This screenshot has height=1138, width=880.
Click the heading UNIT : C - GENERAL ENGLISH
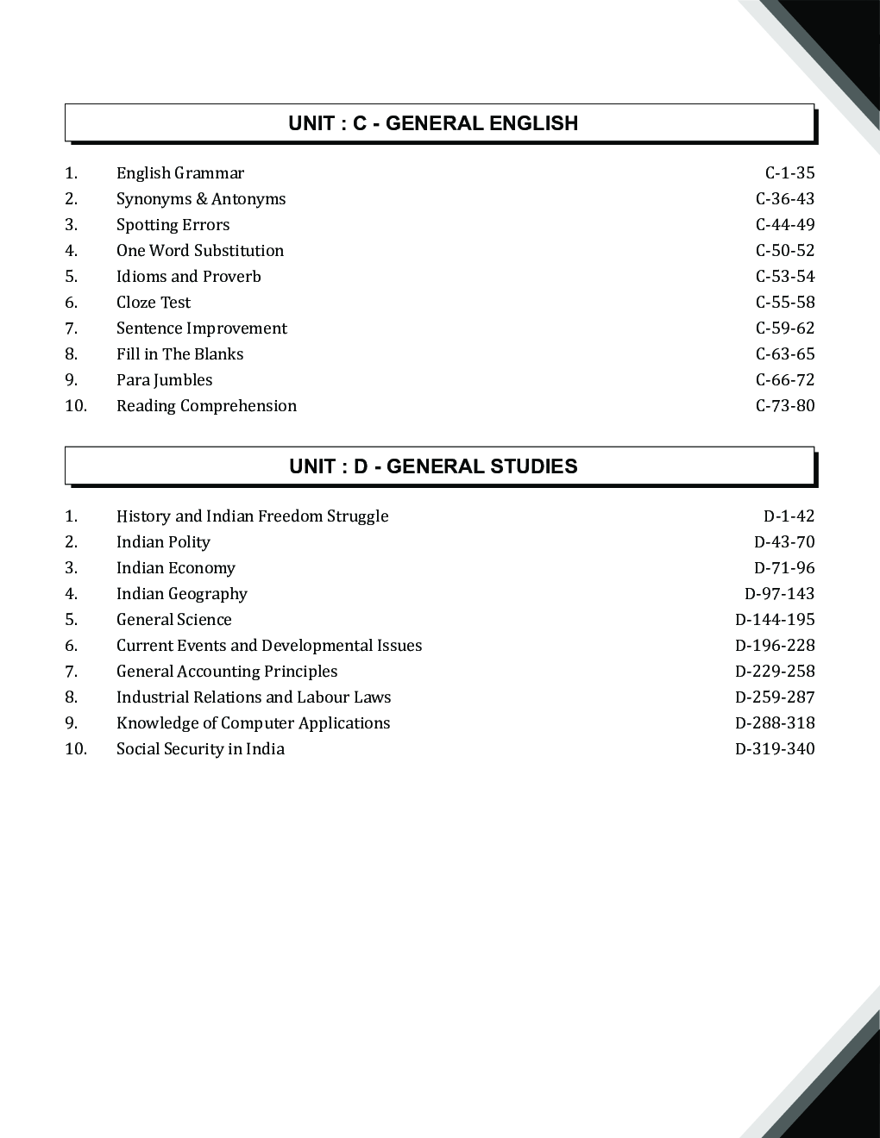pos(433,123)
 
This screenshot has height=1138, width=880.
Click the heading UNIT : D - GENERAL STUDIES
pos(433,466)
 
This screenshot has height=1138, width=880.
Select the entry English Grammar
pos(180,173)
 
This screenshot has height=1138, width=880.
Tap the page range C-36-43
pos(785,199)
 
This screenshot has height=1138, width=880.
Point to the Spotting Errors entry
pos(173,225)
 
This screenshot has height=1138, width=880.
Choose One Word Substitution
pos(200,251)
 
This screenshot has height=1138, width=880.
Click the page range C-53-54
pos(785,277)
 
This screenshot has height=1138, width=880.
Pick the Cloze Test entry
pos(154,303)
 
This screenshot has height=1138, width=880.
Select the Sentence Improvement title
pos(202,328)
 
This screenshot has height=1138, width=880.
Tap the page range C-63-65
pos(785,354)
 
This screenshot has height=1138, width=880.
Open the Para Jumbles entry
pos(164,380)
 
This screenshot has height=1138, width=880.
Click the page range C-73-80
pos(785,406)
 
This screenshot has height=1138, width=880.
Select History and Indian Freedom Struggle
pos(253,516)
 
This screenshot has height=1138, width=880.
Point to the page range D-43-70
pos(784,542)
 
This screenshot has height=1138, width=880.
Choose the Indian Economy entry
pos(176,568)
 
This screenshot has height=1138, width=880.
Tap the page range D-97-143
pos(779,594)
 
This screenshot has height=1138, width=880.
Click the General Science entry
pos(174,620)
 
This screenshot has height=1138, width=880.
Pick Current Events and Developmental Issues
pos(269,646)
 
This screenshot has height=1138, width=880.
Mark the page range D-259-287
pos(775,697)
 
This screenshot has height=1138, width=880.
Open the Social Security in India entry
pos(200,749)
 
